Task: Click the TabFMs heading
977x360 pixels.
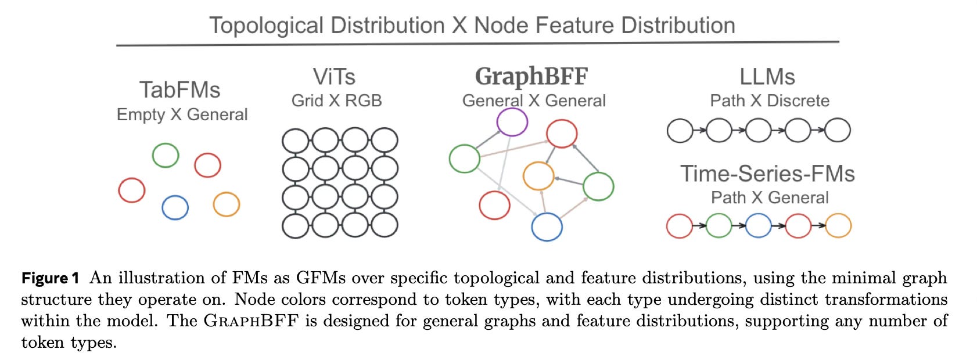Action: (x=180, y=90)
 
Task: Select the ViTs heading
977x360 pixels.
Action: (x=334, y=77)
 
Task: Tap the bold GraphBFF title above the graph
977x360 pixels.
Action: (x=531, y=76)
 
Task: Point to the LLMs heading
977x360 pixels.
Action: (x=767, y=77)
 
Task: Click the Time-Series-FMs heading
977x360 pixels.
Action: (x=767, y=174)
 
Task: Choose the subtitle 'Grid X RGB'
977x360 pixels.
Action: (x=336, y=100)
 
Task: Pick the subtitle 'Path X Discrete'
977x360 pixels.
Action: (x=770, y=100)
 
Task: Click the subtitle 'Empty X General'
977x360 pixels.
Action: (x=182, y=114)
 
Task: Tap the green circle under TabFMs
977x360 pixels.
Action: (x=166, y=155)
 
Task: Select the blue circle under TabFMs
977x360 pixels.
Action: (x=175, y=207)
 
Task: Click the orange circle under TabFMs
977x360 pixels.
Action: (x=226, y=204)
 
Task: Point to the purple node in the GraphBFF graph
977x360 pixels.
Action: (x=512, y=123)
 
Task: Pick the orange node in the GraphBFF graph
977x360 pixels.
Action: (x=538, y=176)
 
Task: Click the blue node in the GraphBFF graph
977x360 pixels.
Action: (x=547, y=226)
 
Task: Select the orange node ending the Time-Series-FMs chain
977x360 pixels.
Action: (x=838, y=226)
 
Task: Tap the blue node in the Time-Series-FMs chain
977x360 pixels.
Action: (x=758, y=226)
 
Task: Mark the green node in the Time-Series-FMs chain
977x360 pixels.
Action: (x=719, y=226)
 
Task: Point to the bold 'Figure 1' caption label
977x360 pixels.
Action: (x=50, y=278)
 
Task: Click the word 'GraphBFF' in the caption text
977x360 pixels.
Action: (x=251, y=321)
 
